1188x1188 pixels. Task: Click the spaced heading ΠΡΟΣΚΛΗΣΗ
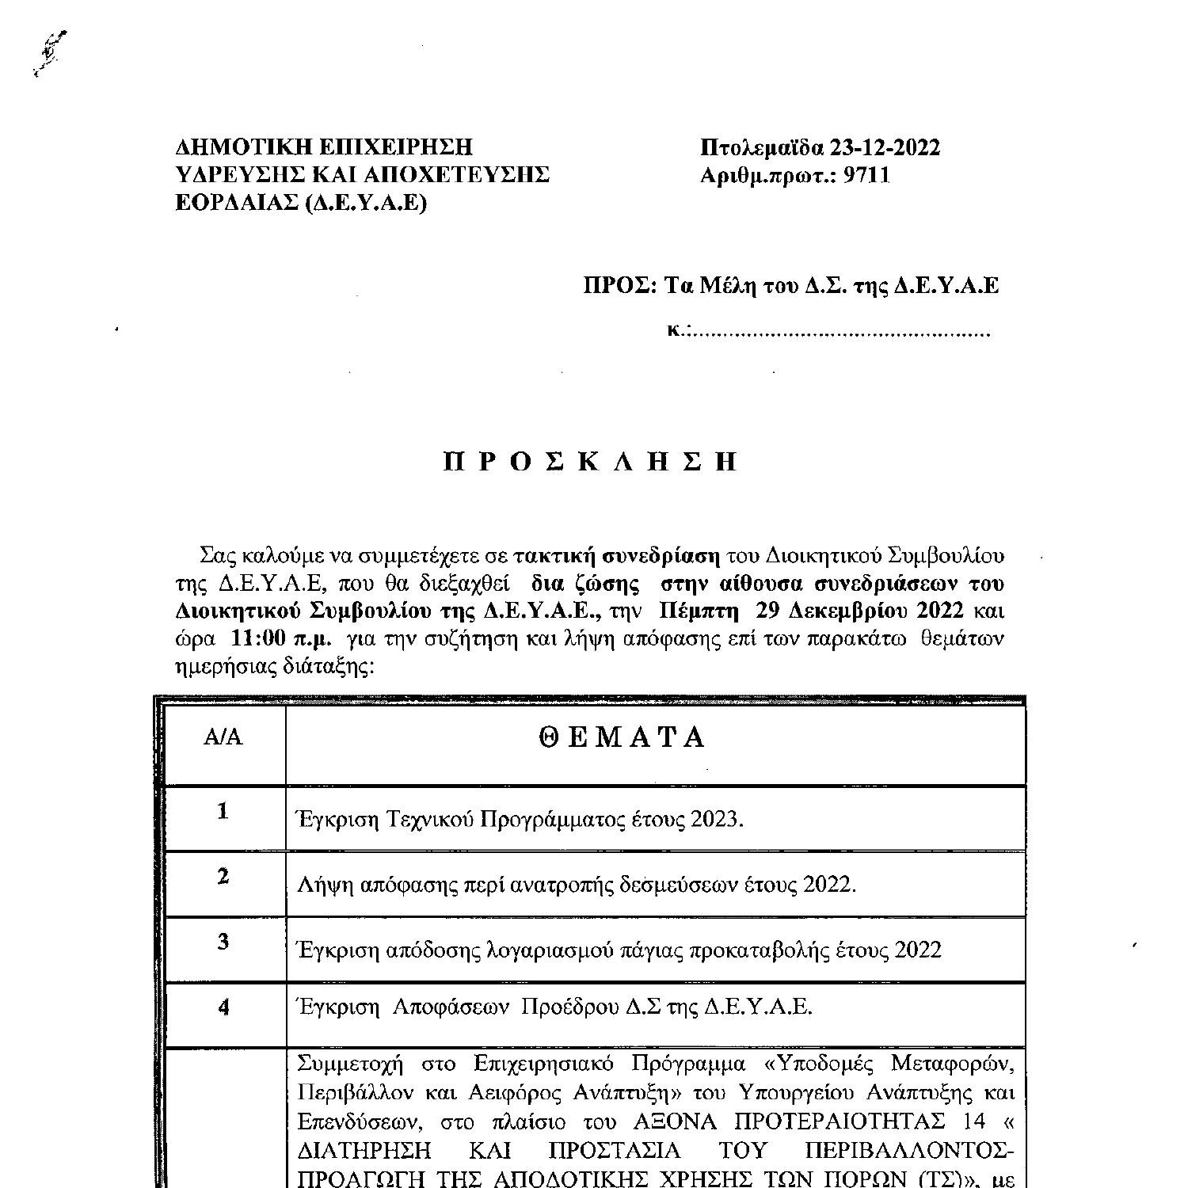coord(591,462)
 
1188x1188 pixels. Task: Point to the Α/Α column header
coord(223,737)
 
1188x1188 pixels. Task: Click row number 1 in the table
coord(223,811)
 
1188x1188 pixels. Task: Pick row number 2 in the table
coord(223,877)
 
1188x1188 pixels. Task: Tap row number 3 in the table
coord(223,942)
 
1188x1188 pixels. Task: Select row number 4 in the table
coord(223,1007)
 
